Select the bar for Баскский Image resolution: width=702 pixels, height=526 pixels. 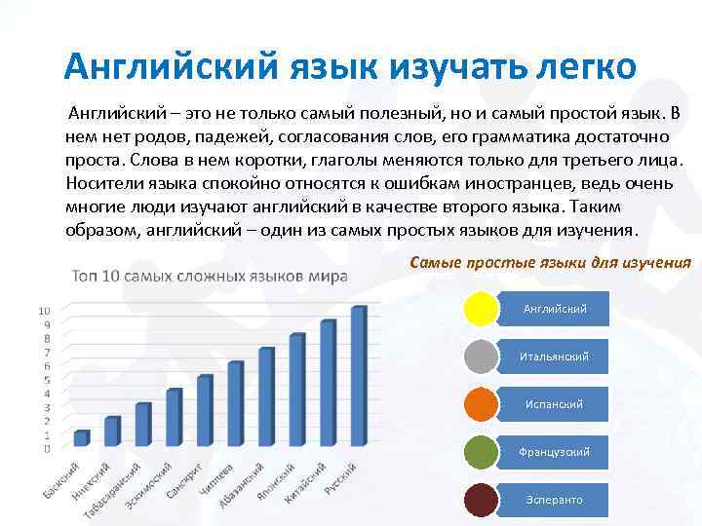click(x=81, y=438)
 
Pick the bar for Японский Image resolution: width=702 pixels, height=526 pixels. click(x=296, y=390)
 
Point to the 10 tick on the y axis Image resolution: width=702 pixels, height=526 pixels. click(x=44, y=311)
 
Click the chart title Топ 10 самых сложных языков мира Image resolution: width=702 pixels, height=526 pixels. click(x=209, y=276)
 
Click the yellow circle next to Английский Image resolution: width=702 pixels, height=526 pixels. click(x=481, y=309)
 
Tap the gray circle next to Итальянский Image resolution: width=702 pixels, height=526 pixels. click(x=481, y=357)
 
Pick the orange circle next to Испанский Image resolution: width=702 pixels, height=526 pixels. click(x=481, y=404)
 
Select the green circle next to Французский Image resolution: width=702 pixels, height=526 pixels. click(x=481, y=452)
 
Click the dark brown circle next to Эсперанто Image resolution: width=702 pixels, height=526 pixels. click(x=481, y=500)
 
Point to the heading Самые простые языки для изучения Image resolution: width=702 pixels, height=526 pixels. click(x=551, y=263)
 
